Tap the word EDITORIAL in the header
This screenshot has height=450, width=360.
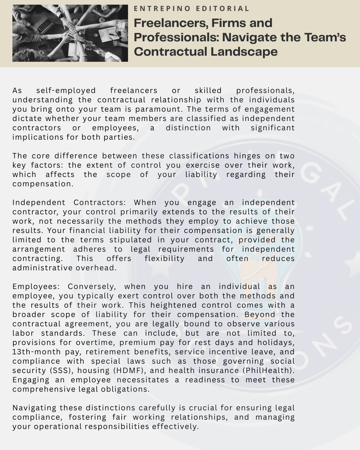[223, 9]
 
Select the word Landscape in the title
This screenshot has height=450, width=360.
[244, 52]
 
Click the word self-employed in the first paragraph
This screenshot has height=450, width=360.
[66, 91]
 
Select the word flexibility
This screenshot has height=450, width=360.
[164, 259]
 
